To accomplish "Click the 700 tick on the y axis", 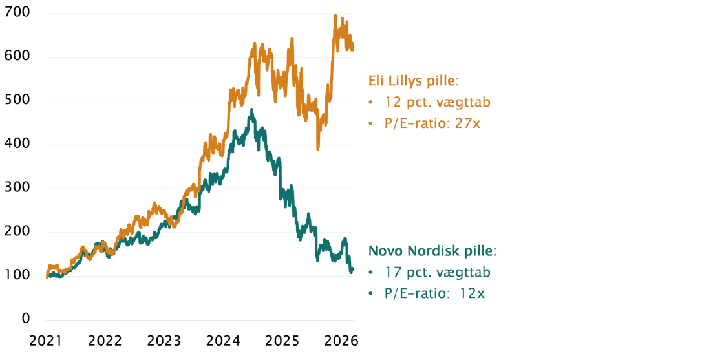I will [18, 14].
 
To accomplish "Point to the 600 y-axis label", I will [18, 58].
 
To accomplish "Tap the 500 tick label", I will [18, 101].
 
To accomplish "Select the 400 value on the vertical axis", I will [18, 145].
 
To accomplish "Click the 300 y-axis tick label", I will [18, 189].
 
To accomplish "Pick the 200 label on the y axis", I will [18, 233].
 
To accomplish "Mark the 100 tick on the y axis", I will [18, 276].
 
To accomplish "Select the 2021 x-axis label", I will [45, 341].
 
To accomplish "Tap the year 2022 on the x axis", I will [105, 341].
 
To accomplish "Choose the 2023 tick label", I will [164, 341].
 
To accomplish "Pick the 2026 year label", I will [340, 341].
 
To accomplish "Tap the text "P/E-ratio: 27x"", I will [432, 123].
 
